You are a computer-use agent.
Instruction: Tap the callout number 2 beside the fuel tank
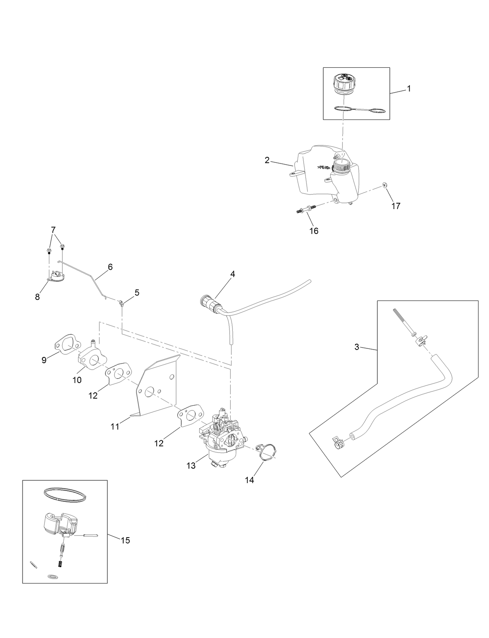point(267,160)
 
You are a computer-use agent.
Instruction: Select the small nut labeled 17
point(384,185)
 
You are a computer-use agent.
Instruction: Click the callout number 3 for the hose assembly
point(357,347)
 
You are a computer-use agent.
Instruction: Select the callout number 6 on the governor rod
point(110,267)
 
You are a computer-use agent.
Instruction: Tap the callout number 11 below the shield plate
point(115,427)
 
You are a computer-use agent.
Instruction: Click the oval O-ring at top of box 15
point(64,495)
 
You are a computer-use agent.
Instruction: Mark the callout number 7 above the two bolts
point(53,229)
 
